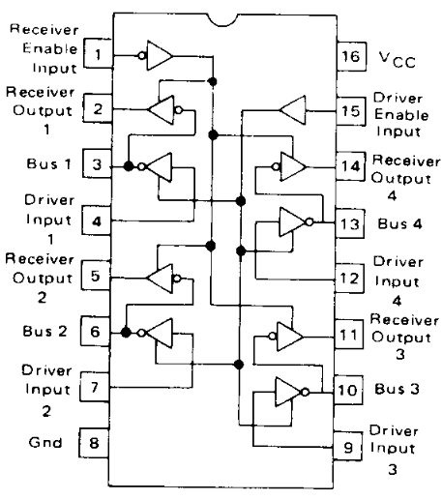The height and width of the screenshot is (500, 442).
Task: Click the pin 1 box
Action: click(x=99, y=53)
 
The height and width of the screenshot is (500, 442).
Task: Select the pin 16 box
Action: click(x=351, y=56)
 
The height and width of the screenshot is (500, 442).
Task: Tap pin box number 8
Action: click(x=94, y=443)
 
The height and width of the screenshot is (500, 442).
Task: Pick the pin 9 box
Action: click(x=347, y=447)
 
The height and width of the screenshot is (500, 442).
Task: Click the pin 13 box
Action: click(x=350, y=223)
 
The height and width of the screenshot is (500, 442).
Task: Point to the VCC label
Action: click(x=398, y=60)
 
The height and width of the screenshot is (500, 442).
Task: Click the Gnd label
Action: click(x=45, y=442)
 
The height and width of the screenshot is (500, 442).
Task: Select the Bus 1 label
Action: click(x=48, y=163)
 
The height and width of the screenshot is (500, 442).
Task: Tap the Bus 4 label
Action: click(x=399, y=223)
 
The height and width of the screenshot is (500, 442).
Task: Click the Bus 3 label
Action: click(x=397, y=389)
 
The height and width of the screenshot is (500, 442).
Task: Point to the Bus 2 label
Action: click(x=44, y=331)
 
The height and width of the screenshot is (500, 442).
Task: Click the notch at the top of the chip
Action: click(x=222, y=20)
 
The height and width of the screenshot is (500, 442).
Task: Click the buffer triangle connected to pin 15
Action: click(x=293, y=110)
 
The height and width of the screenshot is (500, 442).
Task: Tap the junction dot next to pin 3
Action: click(x=129, y=166)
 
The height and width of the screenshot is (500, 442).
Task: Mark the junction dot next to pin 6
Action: click(x=126, y=332)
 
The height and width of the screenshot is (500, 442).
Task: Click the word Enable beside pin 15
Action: click(x=401, y=115)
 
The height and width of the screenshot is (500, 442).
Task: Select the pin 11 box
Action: click(x=349, y=335)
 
